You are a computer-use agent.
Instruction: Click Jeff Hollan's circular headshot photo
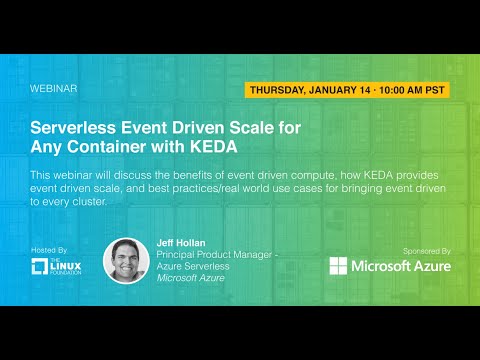126,260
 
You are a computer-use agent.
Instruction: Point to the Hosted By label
50,250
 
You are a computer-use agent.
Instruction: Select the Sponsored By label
424,250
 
